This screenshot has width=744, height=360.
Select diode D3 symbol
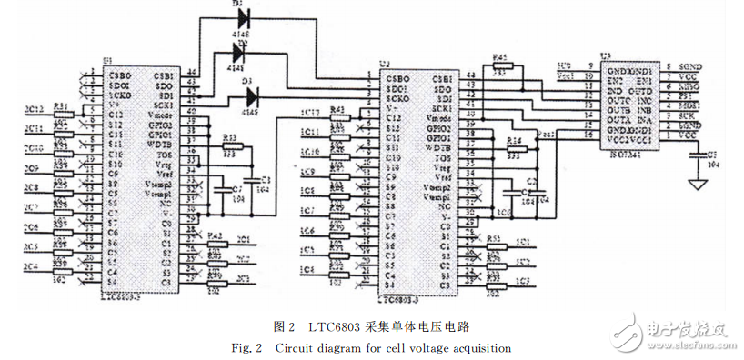coord(252,93)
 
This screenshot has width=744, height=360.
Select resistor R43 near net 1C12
coord(338,116)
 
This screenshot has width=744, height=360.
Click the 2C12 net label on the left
coord(33,111)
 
